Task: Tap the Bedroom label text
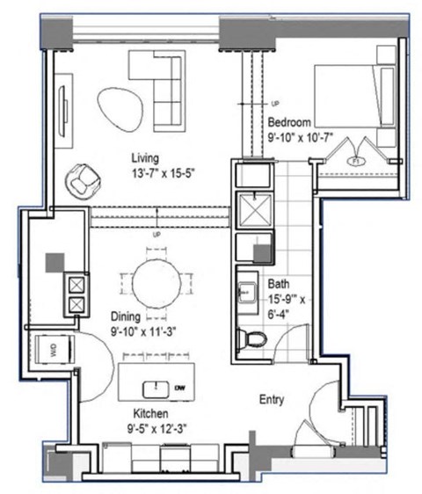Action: [287, 121]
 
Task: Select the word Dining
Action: [127, 315]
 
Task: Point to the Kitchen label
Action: [151, 412]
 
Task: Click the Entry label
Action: [272, 399]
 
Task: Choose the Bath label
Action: [279, 284]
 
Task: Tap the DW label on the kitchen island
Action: [180, 388]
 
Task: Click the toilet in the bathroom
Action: [254, 338]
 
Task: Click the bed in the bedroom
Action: [347, 97]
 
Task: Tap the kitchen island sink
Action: [156, 387]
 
